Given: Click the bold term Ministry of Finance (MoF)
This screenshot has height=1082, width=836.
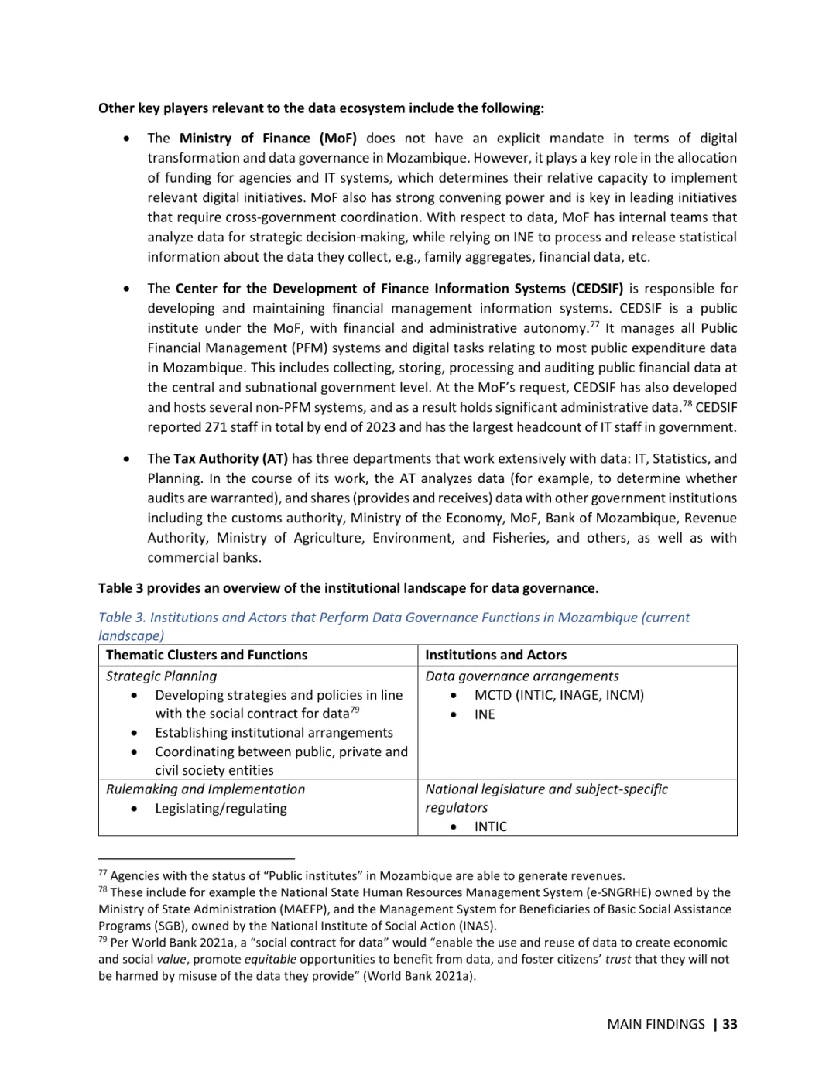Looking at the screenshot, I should pyautogui.click(x=268, y=139).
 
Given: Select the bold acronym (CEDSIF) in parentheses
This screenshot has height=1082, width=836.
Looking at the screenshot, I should pyautogui.click(x=598, y=289).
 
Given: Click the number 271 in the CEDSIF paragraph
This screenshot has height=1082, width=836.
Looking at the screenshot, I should pyautogui.click(x=215, y=427).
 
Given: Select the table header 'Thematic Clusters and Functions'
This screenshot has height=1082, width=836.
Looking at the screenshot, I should pyautogui.click(x=207, y=656).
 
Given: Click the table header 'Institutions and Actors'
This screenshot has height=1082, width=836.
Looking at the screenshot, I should pyautogui.click(x=495, y=656).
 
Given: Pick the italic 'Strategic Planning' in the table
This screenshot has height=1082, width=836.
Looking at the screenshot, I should pyautogui.click(x=161, y=676).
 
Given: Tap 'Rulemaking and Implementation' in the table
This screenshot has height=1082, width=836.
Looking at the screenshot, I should pyautogui.click(x=205, y=789).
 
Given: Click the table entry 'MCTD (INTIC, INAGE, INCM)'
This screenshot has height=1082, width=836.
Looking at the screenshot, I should pyautogui.click(x=559, y=695).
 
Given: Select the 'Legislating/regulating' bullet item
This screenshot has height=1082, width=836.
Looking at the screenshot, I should pyautogui.click(x=221, y=809).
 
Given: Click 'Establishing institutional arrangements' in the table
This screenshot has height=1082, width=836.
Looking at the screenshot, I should pyautogui.click(x=274, y=733).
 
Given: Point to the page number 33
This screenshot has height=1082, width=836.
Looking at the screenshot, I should pyautogui.click(x=729, y=1025).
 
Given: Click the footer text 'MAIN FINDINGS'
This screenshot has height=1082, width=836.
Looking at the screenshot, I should pyautogui.click(x=656, y=1025).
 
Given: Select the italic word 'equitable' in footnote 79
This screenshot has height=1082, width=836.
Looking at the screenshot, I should pyautogui.click(x=270, y=960).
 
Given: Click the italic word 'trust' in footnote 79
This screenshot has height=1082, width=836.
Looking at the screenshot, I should pyautogui.click(x=617, y=960).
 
